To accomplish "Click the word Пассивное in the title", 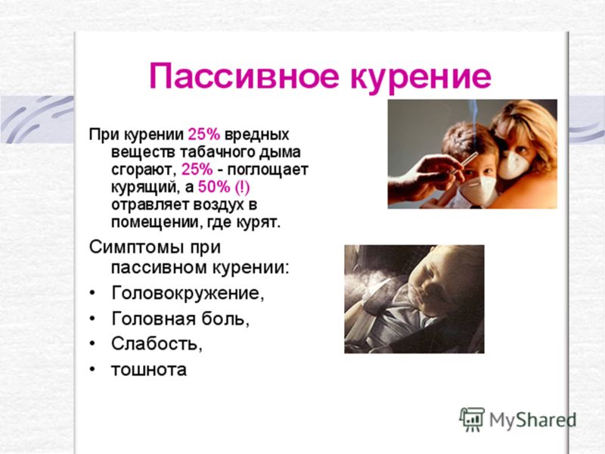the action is tap(244, 76).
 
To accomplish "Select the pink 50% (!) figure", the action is tap(224, 187).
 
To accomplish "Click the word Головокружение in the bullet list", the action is tap(188, 293).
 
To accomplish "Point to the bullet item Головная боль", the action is tap(180, 319).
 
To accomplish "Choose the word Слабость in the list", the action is tap(157, 344).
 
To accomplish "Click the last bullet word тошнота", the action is tap(149, 369).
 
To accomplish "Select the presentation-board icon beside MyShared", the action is tap(472, 419).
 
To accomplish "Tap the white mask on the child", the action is tap(478, 191).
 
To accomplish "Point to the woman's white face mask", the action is tap(515, 165).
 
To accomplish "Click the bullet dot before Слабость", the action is tap(92, 344).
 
